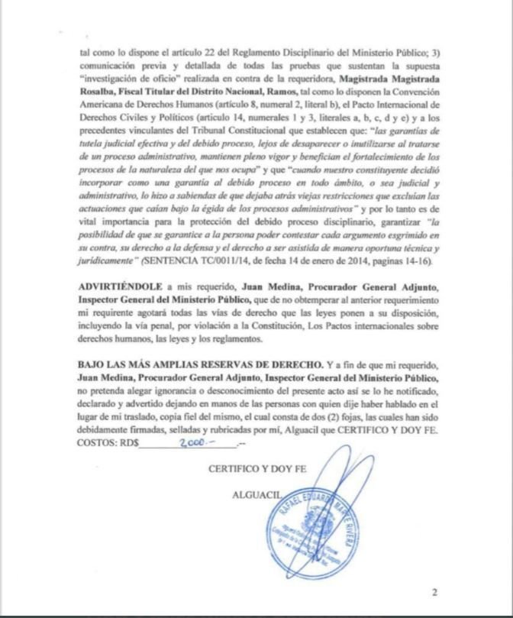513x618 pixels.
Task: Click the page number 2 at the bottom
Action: tap(434, 591)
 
